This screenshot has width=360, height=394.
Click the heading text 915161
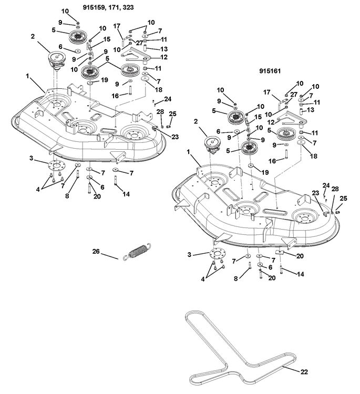pos(272,70)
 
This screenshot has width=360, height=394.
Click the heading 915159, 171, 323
pos(126,7)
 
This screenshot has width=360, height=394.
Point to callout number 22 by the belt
pos(304,371)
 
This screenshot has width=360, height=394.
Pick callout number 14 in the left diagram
pos(126,194)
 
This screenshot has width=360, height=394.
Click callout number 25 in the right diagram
pos(343,199)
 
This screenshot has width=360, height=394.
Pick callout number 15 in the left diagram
pos(107,39)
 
